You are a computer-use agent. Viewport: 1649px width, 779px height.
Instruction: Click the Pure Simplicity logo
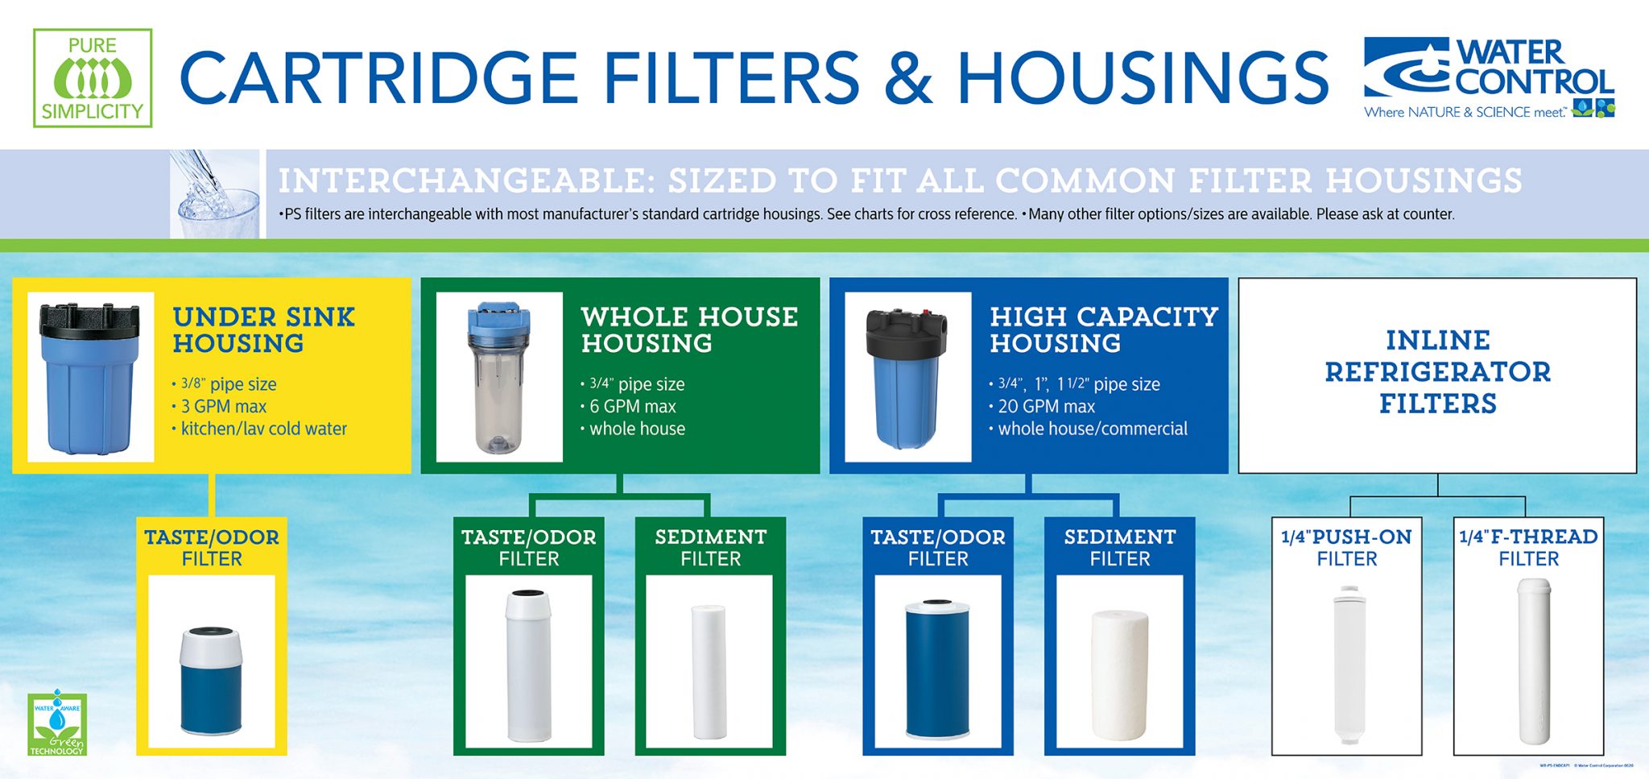[x=93, y=78]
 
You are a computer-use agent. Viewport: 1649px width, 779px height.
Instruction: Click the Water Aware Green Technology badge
[x=56, y=723]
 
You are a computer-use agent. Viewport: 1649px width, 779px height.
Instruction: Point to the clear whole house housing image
[x=499, y=376]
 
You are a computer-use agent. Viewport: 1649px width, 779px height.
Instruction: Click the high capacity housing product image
[x=907, y=376]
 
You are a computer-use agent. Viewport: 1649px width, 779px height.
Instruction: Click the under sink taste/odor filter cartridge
[x=211, y=682]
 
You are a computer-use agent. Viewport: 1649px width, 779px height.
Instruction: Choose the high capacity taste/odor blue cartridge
[x=937, y=669]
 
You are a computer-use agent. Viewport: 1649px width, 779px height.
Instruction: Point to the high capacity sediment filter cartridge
[x=1119, y=675]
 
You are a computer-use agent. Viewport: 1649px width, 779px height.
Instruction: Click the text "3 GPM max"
[x=223, y=407]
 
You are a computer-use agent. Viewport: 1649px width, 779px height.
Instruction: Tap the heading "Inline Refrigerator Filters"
[x=1437, y=371]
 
